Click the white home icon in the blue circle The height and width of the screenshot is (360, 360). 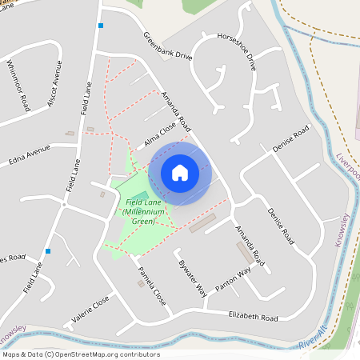tap(180, 172)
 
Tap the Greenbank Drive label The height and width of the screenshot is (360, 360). tap(168, 46)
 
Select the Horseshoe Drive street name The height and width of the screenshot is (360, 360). tap(236, 51)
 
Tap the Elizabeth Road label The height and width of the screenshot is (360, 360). tap(254, 316)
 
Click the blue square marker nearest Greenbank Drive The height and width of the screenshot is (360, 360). tap(101, 26)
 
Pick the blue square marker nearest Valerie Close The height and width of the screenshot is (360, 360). tap(48, 251)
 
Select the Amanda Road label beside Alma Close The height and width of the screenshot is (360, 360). tap(176, 111)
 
